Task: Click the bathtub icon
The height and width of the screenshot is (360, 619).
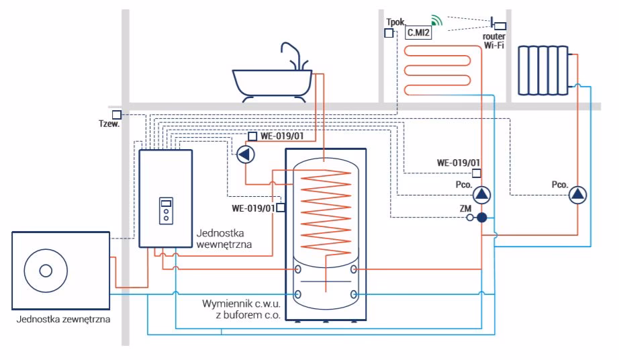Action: [272, 84]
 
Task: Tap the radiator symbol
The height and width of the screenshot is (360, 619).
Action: [543, 70]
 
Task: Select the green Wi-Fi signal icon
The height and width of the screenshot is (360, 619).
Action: [437, 21]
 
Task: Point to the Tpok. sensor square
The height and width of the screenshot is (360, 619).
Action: [389, 32]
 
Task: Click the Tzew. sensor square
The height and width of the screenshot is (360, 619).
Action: [117, 115]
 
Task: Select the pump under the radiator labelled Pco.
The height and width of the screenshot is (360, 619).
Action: [577, 195]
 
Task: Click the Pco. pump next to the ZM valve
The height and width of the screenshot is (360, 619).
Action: [481, 195]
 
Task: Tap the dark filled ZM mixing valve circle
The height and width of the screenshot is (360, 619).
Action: [481, 218]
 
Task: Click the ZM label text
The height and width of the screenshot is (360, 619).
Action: [465, 208]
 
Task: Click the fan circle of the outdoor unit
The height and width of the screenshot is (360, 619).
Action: [46, 271]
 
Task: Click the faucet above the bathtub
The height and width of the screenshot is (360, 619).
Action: [293, 54]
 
